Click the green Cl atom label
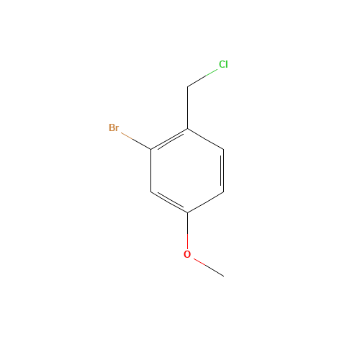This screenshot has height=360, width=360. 223,64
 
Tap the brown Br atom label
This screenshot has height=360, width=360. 114,127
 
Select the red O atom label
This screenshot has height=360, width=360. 187,254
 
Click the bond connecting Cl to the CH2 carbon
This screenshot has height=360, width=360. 202,78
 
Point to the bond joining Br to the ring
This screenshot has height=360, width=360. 136,141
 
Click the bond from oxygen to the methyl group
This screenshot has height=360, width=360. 209,268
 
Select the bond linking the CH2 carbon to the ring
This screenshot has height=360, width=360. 187,107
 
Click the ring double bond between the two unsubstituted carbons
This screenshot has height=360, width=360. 222,171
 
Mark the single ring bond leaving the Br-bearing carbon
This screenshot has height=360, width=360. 151,171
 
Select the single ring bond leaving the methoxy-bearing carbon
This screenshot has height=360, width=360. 206,202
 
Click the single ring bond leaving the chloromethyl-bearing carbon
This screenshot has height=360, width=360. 206,139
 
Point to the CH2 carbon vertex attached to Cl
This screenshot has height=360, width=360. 187,86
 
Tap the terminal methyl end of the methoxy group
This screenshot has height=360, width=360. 224,276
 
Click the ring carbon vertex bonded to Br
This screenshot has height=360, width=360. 151,150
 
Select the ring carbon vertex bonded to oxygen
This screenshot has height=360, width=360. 187,212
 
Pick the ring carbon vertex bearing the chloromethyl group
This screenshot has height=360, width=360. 187,129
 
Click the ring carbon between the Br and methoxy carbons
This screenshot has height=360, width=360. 151,192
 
